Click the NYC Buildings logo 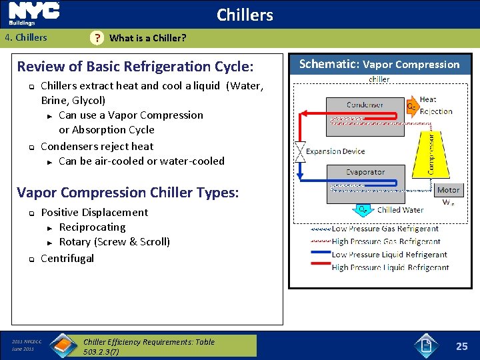[34, 13]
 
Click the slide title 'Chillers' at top [245, 15]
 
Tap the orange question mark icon [97, 38]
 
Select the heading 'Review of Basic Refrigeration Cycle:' [135, 67]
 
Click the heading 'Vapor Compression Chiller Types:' [128, 193]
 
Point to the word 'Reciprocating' [92, 227]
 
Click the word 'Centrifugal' [67, 258]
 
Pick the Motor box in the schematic [448, 190]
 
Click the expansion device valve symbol [299, 151]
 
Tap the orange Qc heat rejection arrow [413, 105]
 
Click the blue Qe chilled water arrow [363, 209]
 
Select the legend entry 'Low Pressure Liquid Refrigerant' [389, 255]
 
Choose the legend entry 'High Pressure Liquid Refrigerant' [389, 267]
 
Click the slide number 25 [461, 346]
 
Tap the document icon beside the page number [427, 346]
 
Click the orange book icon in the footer [63, 346]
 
